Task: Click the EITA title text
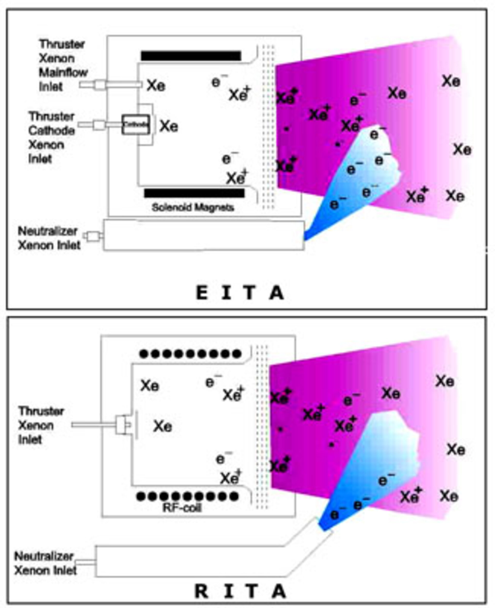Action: (240, 293)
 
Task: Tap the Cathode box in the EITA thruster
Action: (136, 124)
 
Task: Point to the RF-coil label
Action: (182, 508)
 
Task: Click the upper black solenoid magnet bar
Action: (191, 56)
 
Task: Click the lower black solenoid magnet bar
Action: (194, 193)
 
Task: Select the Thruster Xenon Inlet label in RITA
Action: (41, 425)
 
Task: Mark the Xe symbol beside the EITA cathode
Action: (169, 126)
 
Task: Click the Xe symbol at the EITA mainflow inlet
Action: (156, 85)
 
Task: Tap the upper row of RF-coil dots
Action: (191, 354)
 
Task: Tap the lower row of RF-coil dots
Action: (188, 497)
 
